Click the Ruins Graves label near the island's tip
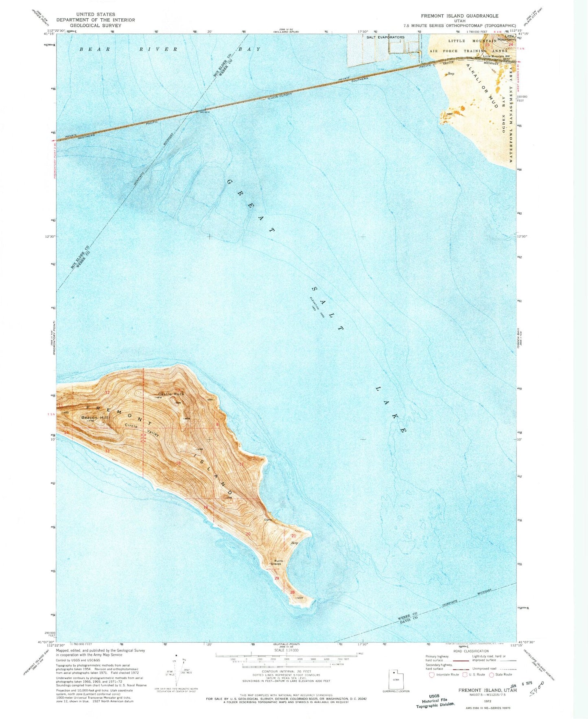278,562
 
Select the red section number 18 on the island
178,463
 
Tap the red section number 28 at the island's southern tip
292,592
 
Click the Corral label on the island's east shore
268,520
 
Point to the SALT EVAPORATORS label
385,37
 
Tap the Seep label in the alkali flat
450,74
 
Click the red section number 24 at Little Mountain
511,44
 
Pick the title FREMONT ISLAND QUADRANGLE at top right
459,16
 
